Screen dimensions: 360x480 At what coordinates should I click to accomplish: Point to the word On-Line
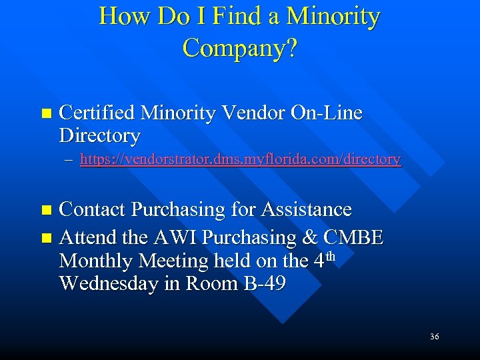[327, 113]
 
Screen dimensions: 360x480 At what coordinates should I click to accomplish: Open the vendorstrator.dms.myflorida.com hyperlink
[240, 159]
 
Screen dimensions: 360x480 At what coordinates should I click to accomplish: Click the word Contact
[93, 209]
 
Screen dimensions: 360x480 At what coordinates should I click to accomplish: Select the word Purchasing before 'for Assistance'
[178, 209]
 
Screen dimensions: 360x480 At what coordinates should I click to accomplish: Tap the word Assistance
[306, 209]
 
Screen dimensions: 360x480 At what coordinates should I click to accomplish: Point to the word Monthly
[95, 261]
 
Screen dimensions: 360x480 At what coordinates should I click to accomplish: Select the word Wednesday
[110, 283]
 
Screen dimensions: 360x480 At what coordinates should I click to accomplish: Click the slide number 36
[434, 337]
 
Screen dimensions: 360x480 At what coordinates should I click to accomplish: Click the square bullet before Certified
[45, 114]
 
